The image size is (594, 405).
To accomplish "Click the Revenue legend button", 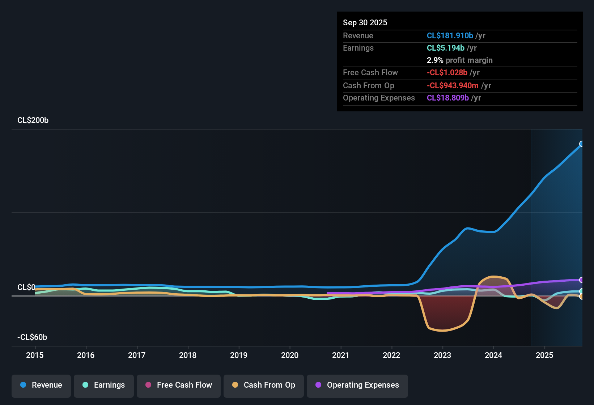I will pos(41,385).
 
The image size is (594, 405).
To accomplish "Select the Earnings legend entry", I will pos(104,385).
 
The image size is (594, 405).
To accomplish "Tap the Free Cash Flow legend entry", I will pos(179,385).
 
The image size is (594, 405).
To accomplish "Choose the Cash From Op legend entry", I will pos(264,385).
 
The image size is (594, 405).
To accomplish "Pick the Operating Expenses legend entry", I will pos(357,385).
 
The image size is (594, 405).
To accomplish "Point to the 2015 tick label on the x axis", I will pos(35,355).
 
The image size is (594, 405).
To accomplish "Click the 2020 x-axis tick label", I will pos(290,355).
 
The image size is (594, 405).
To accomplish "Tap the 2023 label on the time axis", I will pos(442,355).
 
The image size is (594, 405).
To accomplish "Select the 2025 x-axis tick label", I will pos(544,355).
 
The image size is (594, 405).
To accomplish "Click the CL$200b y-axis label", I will pos(33,120).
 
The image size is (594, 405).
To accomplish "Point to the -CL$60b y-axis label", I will pos(32,337).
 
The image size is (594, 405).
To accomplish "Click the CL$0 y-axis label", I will pos(26,287).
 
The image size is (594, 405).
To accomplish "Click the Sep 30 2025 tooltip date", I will pos(365,23).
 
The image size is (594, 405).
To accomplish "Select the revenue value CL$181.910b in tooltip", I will pos(450,36).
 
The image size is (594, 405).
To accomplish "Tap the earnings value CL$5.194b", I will pos(445,48).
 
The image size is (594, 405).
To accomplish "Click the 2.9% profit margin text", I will pos(459,60).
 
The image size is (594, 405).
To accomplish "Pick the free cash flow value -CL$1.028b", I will pos(447,73).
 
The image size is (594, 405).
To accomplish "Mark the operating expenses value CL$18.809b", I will pos(447,98).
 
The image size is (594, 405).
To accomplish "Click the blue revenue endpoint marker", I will pos(582,144).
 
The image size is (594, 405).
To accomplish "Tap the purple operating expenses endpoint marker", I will pos(582,280).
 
